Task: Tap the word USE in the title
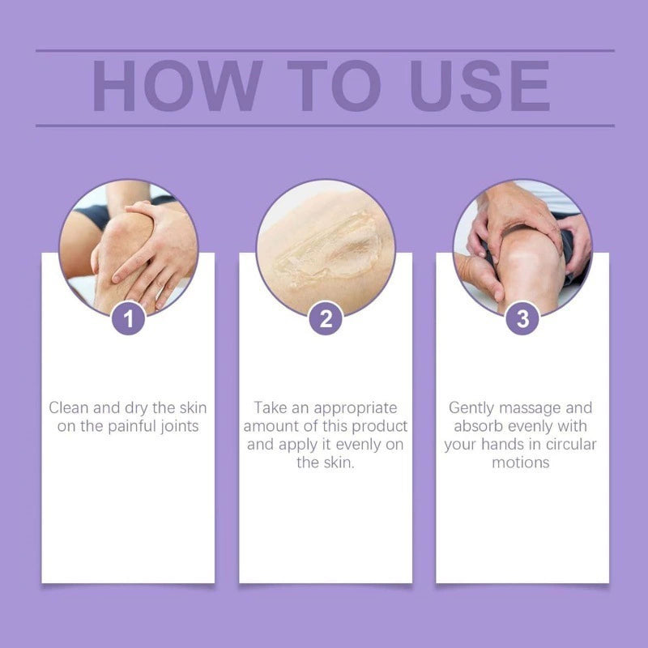point(480,86)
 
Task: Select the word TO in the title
point(334,86)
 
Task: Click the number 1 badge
point(128,318)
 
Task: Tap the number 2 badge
point(326,318)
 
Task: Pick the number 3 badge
point(522,318)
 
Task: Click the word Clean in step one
point(69,408)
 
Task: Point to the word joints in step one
point(179,427)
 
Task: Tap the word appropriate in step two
point(356,409)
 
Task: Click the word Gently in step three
point(471,409)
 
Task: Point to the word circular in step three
point(571,445)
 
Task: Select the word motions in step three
point(521,463)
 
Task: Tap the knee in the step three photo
point(528,265)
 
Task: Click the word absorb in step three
point(478,426)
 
